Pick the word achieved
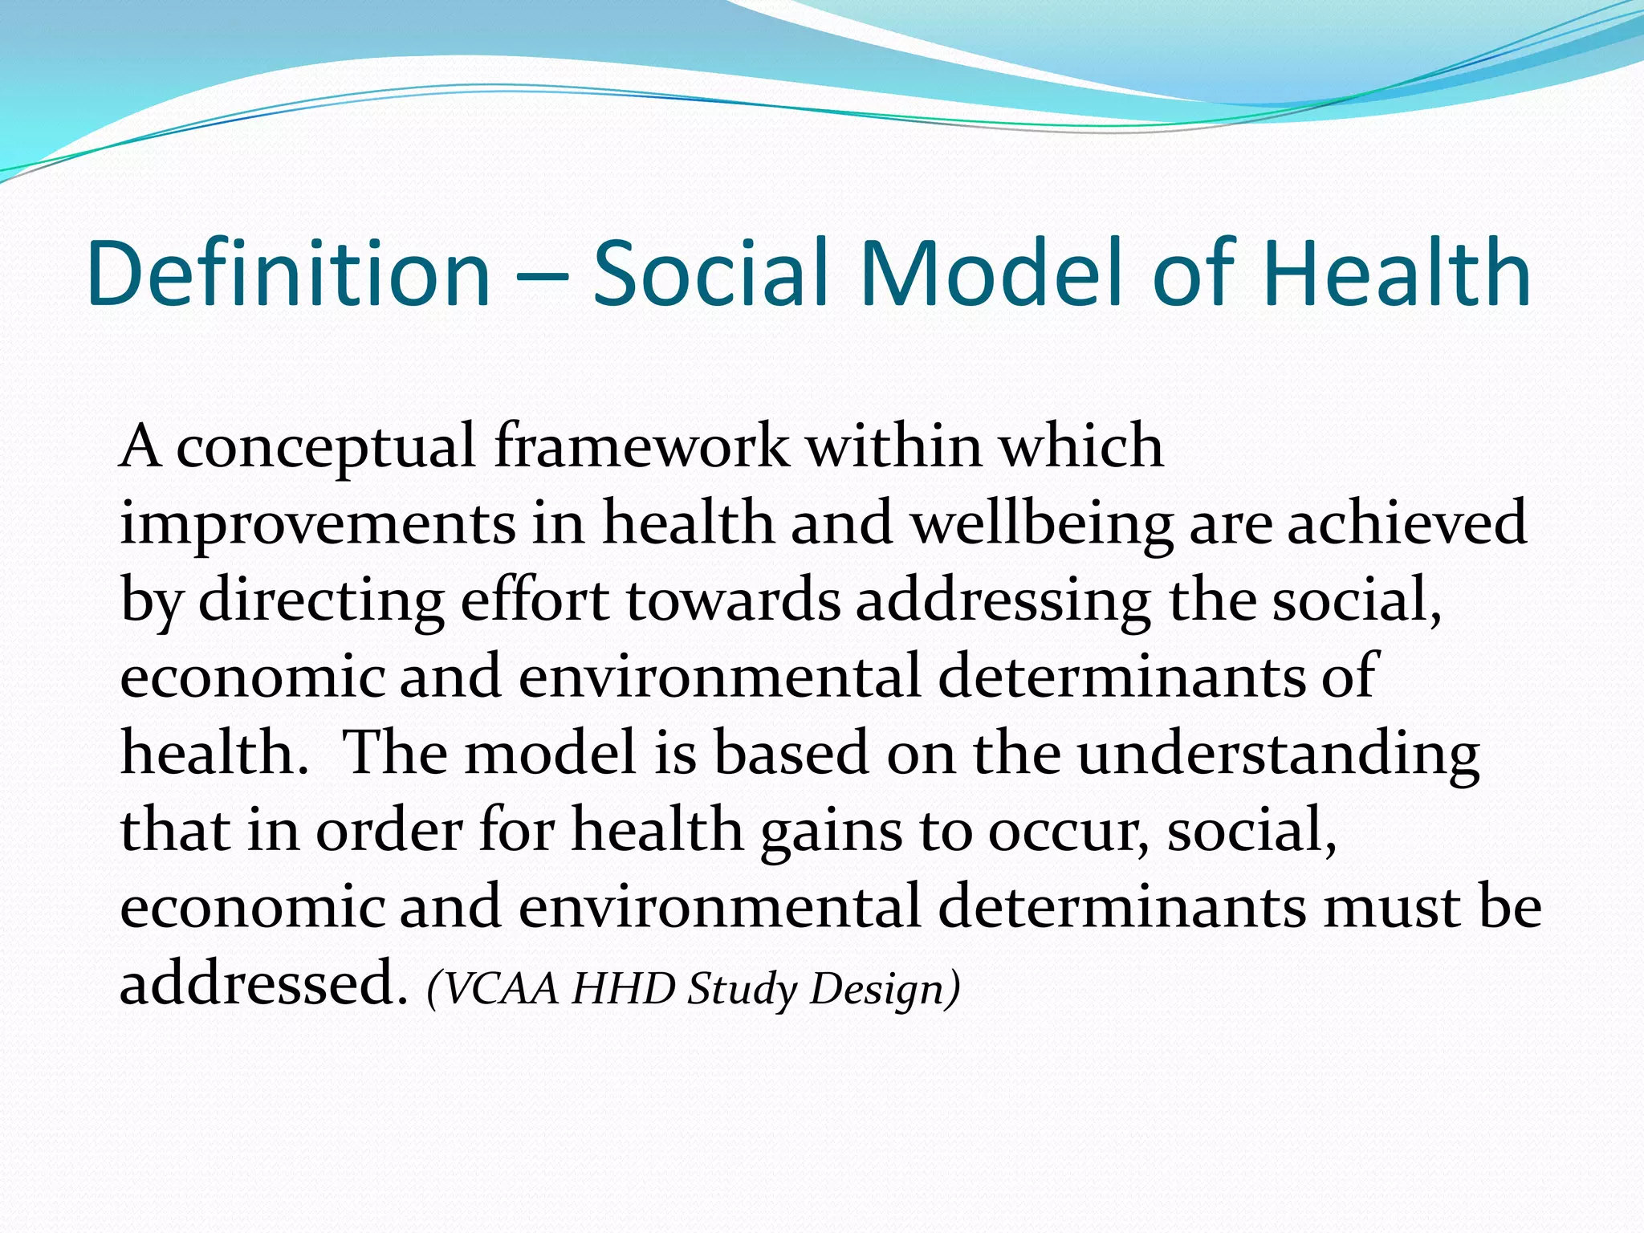click(x=1406, y=522)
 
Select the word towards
click(x=733, y=600)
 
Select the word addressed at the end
click(x=258, y=984)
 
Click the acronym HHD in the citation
click(x=624, y=988)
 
